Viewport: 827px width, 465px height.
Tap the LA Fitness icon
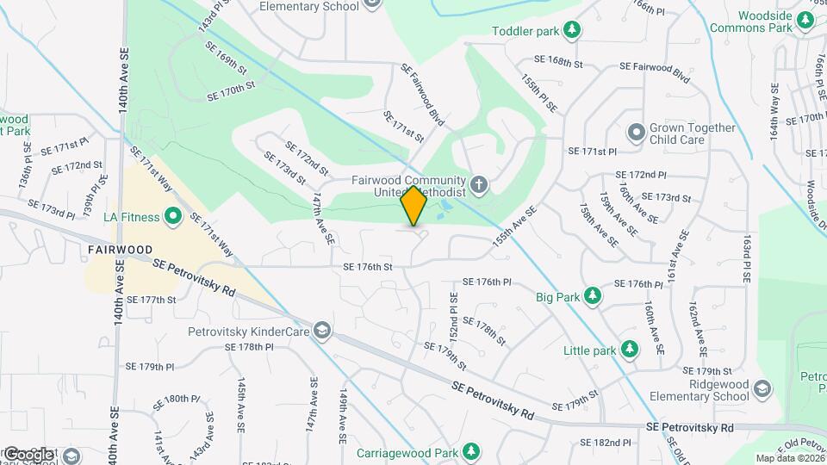(x=172, y=216)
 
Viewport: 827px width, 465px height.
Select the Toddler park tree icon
(x=571, y=31)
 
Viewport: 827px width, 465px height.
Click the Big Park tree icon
(x=592, y=297)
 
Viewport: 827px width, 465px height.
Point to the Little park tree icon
(x=631, y=350)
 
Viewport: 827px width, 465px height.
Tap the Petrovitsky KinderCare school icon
(x=321, y=330)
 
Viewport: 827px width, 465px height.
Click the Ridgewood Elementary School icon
(x=762, y=389)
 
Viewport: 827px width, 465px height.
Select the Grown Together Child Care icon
(x=636, y=133)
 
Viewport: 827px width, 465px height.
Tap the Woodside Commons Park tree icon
(x=805, y=21)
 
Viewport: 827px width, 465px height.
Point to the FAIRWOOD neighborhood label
(x=120, y=250)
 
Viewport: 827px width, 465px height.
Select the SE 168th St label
(x=558, y=62)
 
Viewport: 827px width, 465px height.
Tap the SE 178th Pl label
(x=249, y=346)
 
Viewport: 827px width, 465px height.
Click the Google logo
(x=29, y=454)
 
